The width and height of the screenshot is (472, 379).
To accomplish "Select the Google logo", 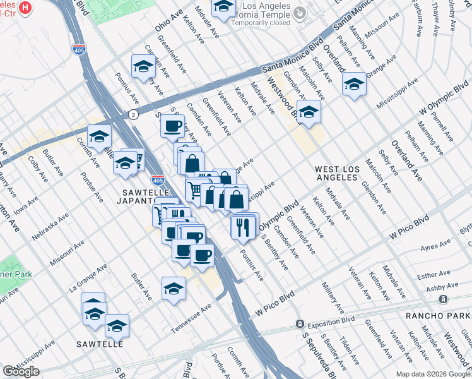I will pyautogui.click(x=21, y=371).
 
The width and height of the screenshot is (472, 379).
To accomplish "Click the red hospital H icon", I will pyautogui.click(x=25, y=8).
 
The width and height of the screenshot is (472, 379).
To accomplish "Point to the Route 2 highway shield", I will pyautogui.click(x=133, y=114).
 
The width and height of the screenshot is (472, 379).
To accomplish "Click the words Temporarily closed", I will pyautogui.click(x=260, y=22).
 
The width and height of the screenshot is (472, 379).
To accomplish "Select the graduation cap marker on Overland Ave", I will pyautogui.click(x=354, y=84).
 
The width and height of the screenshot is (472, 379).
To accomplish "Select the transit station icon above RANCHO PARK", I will pyautogui.click(x=444, y=299).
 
